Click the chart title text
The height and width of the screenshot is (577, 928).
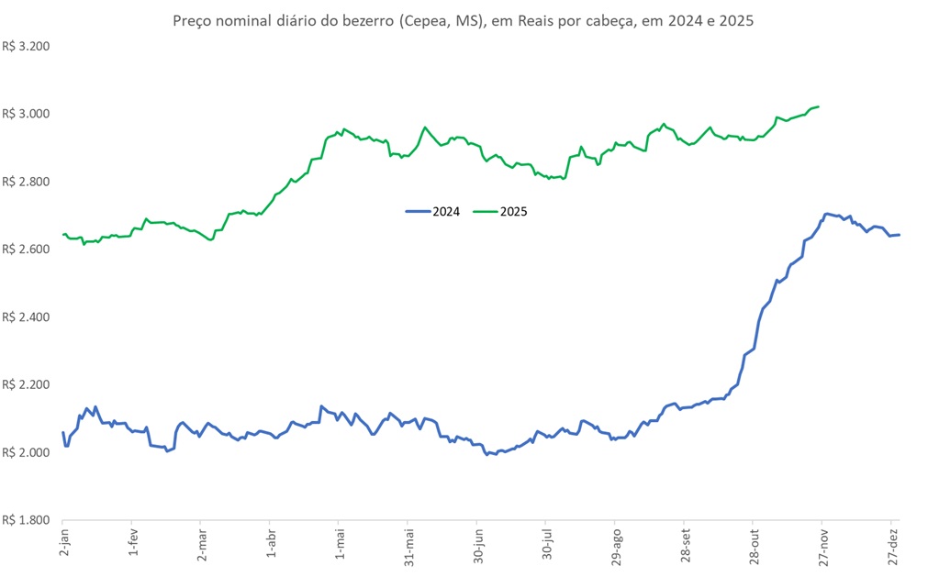[464, 19]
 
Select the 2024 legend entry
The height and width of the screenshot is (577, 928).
[432, 211]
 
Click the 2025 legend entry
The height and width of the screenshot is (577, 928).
[501, 211]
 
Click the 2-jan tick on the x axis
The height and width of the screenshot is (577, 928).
[63, 542]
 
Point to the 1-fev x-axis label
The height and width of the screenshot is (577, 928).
[132, 542]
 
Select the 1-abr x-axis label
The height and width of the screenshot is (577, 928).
[270, 542]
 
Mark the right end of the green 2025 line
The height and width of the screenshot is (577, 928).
[818, 106]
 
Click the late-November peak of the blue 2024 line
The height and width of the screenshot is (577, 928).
[826, 214]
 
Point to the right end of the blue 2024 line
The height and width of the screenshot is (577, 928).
[899, 235]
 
